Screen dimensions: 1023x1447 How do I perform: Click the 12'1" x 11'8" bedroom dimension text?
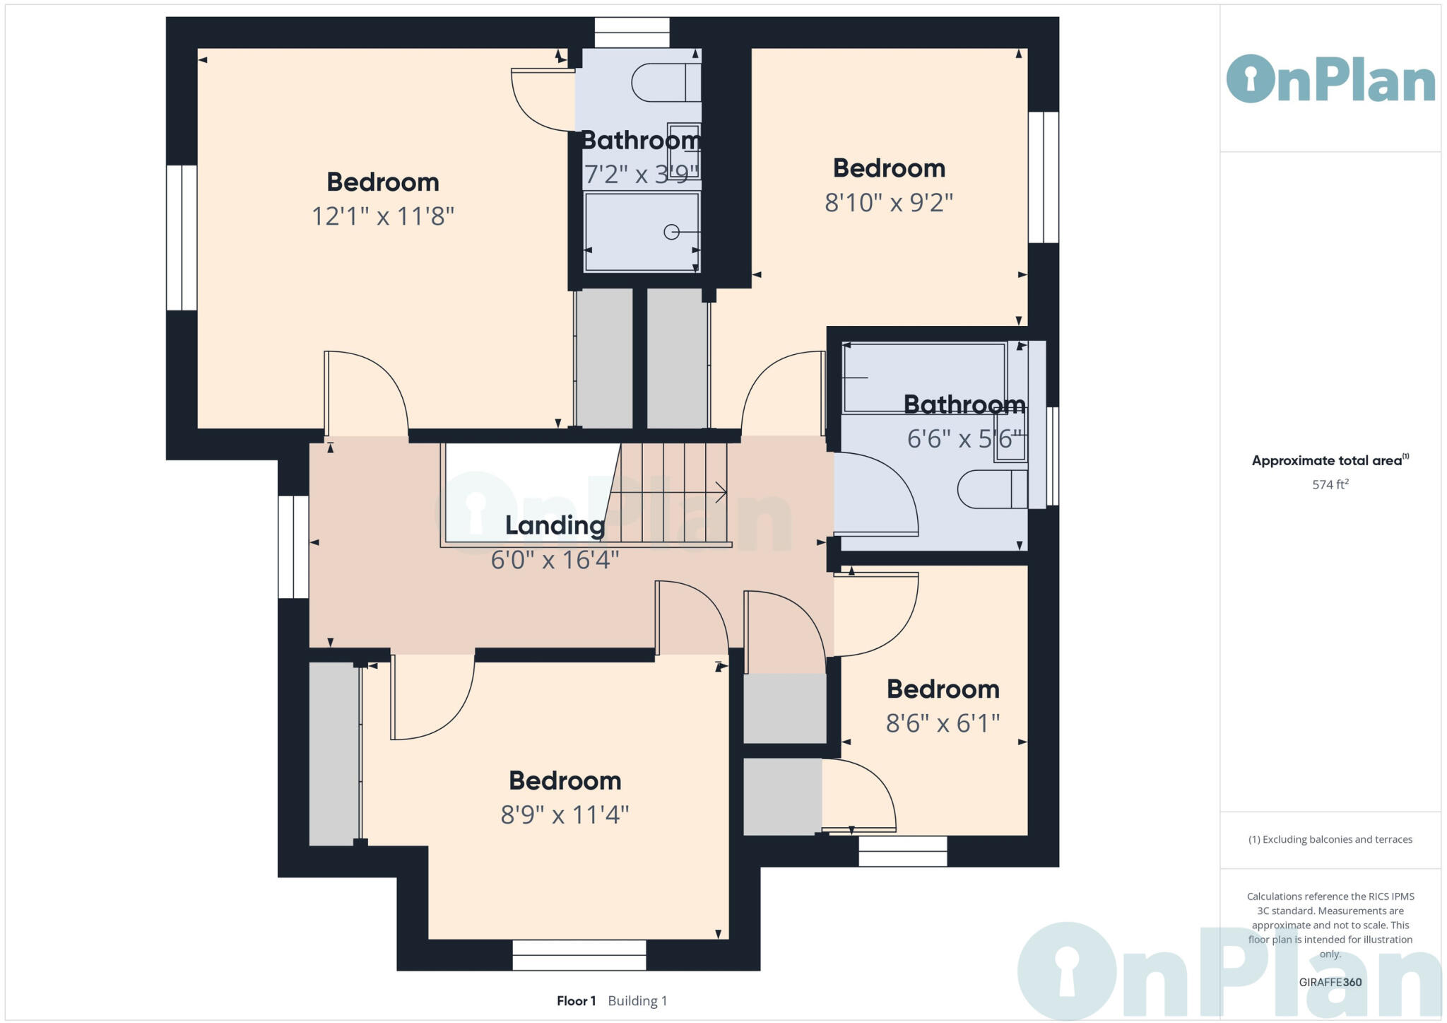click(382, 216)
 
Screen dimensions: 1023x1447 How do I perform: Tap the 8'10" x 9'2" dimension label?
click(888, 204)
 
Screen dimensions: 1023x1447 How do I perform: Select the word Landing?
click(555, 526)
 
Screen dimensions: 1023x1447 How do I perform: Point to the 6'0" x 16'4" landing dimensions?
click(555, 561)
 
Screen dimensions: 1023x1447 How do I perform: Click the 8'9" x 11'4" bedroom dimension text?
click(565, 815)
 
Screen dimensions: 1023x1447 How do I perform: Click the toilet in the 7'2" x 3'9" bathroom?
click(664, 83)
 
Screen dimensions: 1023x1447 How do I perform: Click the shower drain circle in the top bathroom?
click(671, 232)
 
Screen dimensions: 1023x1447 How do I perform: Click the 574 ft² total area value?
click(1330, 485)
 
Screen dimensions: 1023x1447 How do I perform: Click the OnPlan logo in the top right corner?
click(1330, 79)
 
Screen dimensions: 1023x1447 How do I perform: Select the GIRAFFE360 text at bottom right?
click(1330, 982)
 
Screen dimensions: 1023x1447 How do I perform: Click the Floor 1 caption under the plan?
click(576, 1001)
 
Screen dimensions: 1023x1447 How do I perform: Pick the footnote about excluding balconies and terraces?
click(1330, 840)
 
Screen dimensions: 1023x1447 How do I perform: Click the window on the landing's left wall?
click(293, 547)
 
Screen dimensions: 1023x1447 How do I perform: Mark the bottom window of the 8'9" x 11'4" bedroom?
click(579, 955)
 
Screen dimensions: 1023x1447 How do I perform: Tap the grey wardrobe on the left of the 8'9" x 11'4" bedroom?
click(334, 754)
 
